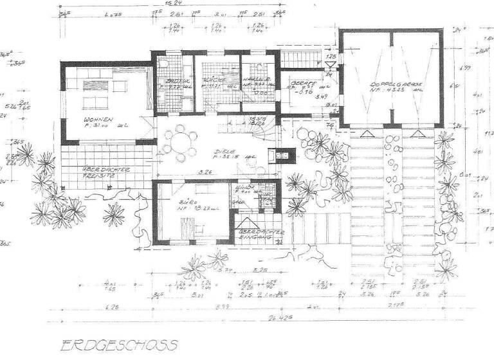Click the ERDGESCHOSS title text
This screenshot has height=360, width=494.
click(120, 345)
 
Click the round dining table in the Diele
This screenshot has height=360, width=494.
click(179, 142)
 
